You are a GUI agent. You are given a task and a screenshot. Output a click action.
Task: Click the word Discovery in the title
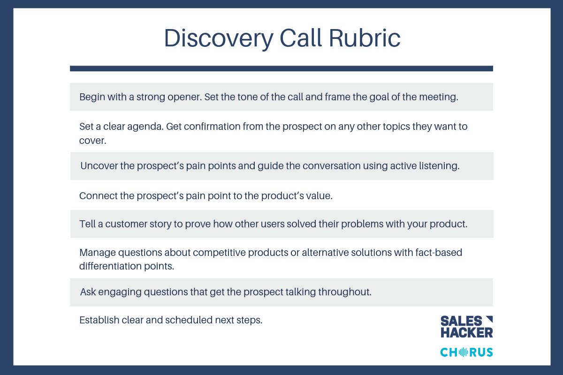219,38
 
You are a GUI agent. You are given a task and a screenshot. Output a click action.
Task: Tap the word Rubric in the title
365,37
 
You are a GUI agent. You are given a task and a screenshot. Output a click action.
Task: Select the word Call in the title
301,37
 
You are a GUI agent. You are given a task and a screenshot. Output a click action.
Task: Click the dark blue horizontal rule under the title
281,68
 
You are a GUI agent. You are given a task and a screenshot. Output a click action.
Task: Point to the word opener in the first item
185,97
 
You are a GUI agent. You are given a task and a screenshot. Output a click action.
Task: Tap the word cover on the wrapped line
92,141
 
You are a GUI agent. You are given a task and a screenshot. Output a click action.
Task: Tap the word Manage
98,253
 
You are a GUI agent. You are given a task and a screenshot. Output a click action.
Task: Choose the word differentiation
110,266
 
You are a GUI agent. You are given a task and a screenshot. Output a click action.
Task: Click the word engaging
120,292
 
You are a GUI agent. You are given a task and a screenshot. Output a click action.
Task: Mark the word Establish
99,320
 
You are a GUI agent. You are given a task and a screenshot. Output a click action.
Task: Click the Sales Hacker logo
467,327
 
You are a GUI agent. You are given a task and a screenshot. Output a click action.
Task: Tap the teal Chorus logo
466,352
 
